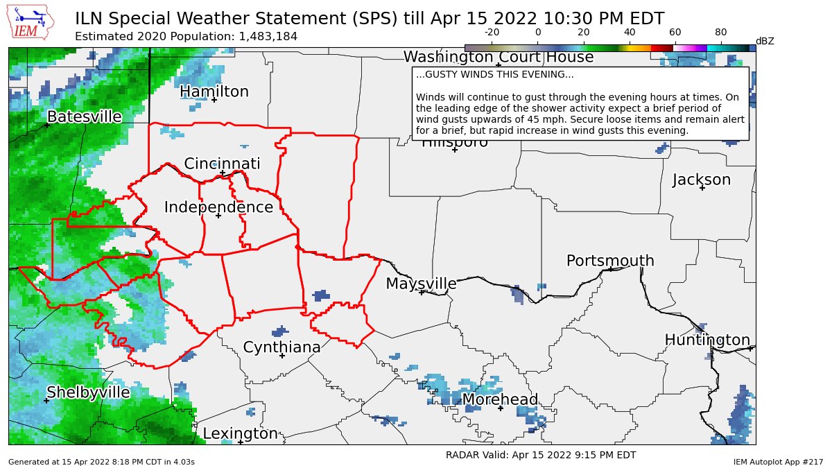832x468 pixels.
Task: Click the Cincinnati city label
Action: pyautogui.click(x=222, y=164)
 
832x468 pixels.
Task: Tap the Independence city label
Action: pyautogui.click(x=218, y=207)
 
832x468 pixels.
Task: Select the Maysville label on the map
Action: pyautogui.click(x=421, y=284)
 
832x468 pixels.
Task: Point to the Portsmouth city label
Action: pyautogui.click(x=610, y=261)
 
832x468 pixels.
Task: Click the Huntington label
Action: pyautogui.click(x=707, y=340)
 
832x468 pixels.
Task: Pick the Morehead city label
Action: pyautogui.click(x=500, y=399)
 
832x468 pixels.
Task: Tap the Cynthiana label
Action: pyautogui.click(x=281, y=347)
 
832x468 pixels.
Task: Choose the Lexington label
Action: pyautogui.click(x=240, y=434)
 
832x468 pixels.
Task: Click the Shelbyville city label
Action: pyautogui.click(x=88, y=392)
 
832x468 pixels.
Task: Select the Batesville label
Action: pyautogui.click(x=84, y=116)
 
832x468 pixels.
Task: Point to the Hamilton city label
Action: pyautogui.click(x=214, y=92)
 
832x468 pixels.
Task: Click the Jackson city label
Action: pyautogui.click(x=702, y=180)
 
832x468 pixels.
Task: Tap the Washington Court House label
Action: pyautogui.click(x=499, y=57)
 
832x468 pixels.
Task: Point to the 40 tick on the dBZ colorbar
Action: pyautogui.click(x=630, y=33)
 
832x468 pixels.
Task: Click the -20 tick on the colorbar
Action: pyautogui.click(x=492, y=33)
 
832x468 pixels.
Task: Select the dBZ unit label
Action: pyautogui.click(x=764, y=41)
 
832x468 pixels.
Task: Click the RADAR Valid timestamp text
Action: pyautogui.click(x=540, y=455)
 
